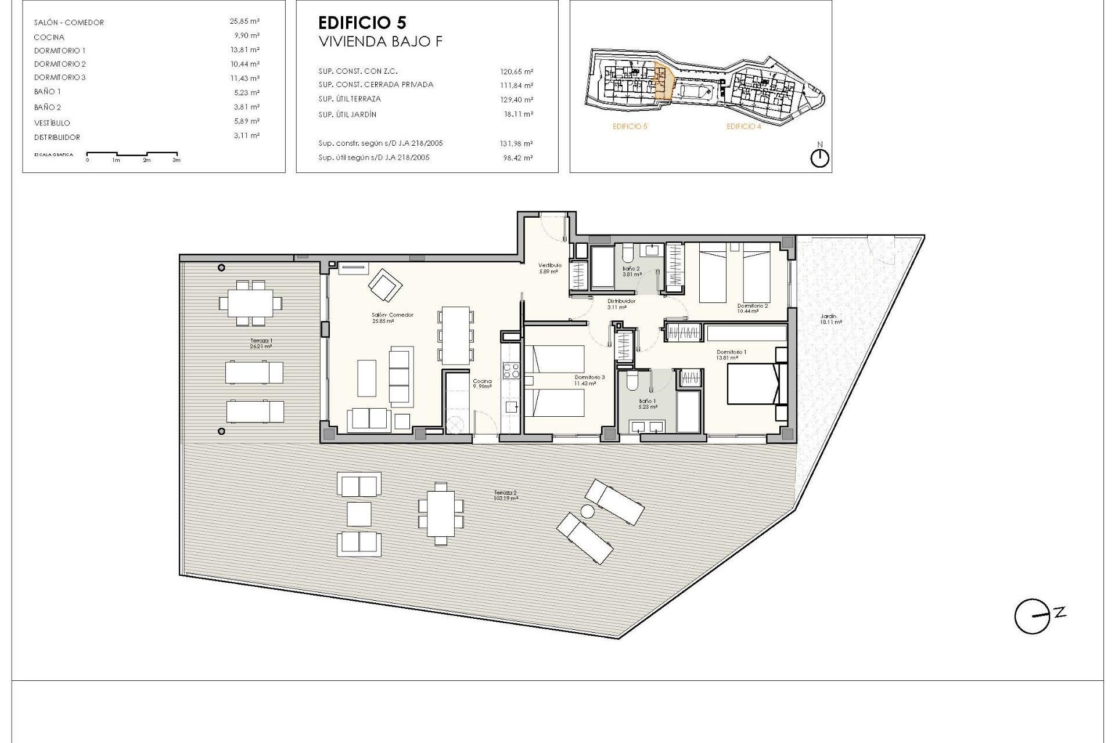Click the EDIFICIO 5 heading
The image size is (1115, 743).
[x=362, y=23]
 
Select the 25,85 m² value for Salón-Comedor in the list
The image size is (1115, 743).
[x=244, y=21]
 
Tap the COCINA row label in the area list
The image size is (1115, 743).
[x=49, y=37]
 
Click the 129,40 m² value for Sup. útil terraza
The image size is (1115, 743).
[x=516, y=100]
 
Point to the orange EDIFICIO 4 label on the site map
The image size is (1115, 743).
[x=743, y=127]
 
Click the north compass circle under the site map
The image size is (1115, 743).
[x=819, y=158]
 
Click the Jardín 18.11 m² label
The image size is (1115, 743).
[x=830, y=319]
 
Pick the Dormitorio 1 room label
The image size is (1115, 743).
[x=731, y=355]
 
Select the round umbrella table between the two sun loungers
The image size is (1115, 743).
[x=587, y=511]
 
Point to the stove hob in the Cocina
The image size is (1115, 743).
[x=511, y=370]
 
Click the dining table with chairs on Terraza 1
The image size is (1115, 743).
[x=250, y=302]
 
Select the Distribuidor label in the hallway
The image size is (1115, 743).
[x=621, y=304]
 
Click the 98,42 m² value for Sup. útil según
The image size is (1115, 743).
[x=520, y=158]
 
